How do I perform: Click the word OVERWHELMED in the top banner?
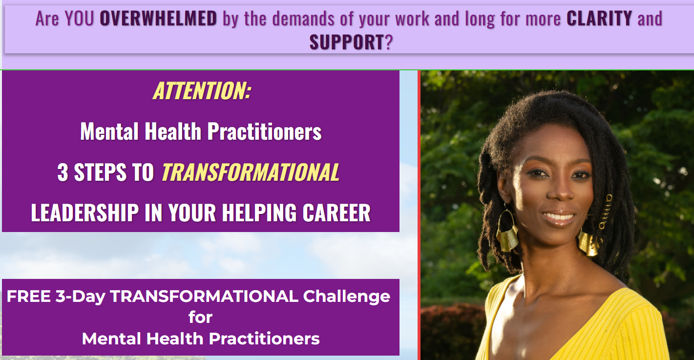(x=158, y=18)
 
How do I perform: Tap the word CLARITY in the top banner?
(x=599, y=18)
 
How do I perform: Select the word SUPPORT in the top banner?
(x=347, y=42)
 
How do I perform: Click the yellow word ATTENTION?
(x=202, y=91)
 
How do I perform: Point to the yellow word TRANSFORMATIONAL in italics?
(x=251, y=172)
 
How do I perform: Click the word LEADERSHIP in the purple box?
(x=84, y=213)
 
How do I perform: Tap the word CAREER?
(x=336, y=213)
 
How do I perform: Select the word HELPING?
(x=259, y=213)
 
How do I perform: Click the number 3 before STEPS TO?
(x=63, y=172)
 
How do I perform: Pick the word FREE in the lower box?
(x=28, y=296)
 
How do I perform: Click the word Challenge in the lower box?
(x=346, y=297)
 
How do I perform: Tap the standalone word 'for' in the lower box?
(x=200, y=317)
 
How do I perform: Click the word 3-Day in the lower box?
(x=81, y=297)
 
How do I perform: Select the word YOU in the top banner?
(x=79, y=18)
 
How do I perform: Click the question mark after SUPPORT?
(x=389, y=42)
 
